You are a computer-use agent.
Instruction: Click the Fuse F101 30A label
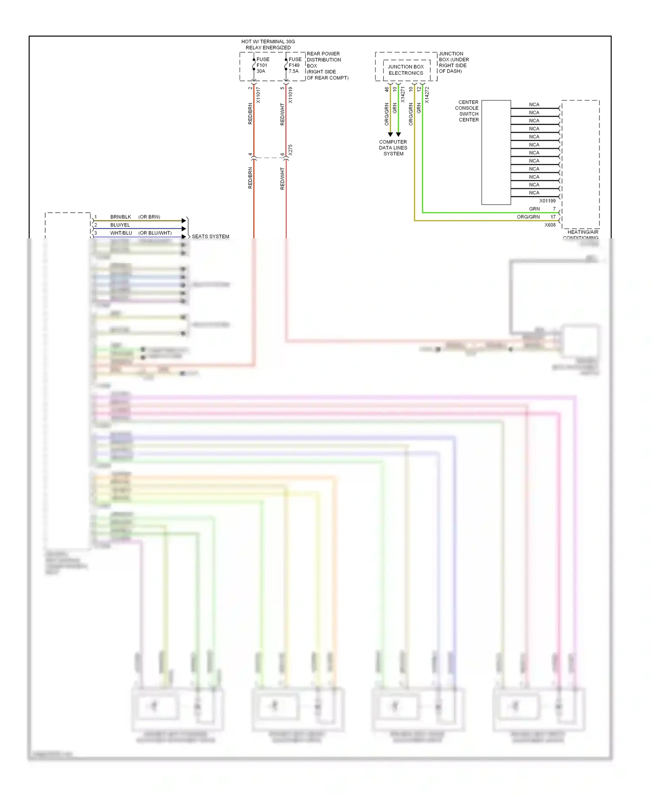coord(263,65)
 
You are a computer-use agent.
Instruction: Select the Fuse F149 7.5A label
coord(295,65)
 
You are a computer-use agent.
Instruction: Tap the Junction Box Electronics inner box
coord(406,70)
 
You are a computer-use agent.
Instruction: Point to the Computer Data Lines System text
coord(393,148)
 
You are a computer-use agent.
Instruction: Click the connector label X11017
coord(258,95)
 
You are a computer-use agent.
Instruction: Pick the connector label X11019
coord(290,95)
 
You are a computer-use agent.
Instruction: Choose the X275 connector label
coord(290,150)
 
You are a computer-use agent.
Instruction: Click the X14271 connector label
coord(403,95)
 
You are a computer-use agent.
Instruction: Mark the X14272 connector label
coord(427,95)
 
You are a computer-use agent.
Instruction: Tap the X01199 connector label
coord(547,201)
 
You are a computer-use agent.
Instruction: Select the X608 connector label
coord(550,225)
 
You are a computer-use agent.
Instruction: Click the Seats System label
coord(210,237)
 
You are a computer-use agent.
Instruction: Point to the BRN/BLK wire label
coord(120,217)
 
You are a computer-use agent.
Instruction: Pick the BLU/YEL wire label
coord(120,225)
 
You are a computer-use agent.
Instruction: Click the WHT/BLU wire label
coord(121,233)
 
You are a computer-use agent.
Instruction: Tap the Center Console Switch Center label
coord(468,111)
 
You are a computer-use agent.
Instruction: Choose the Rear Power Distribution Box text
coord(327,66)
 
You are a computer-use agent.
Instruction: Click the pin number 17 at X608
coord(553,217)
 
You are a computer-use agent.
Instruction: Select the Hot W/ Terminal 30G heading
coord(268,44)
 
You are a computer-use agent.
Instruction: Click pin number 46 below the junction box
coord(386,89)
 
